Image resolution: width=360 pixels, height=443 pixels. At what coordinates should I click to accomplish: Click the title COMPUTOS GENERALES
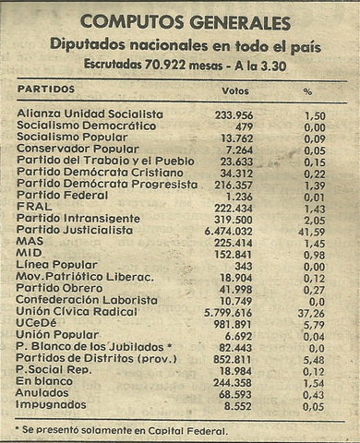tap(185, 22)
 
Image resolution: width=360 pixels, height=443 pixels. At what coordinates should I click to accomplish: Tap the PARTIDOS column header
tap(45, 91)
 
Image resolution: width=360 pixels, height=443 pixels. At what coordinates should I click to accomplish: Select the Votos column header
tap(235, 91)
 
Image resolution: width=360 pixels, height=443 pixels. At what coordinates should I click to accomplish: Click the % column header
tap(307, 91)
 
